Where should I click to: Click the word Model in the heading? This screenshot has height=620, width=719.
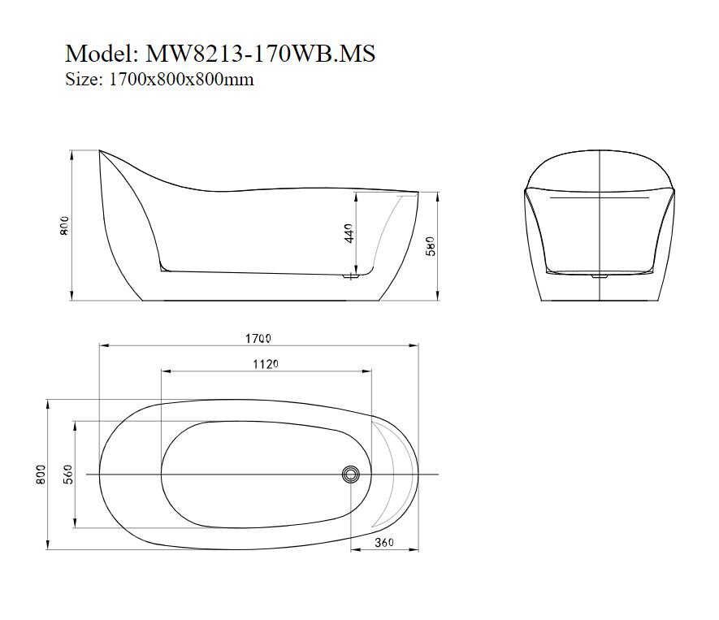click(98, 54)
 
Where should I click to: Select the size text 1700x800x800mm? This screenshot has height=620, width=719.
click(181, 80)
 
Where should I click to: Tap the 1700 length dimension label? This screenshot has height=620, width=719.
click(259, 337)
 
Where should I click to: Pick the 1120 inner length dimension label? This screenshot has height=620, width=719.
click(266, 364)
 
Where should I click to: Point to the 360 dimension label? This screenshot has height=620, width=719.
click(385, 542)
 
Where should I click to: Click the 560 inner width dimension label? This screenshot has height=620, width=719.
click(68, 473)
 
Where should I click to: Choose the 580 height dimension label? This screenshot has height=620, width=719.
click(431, 245)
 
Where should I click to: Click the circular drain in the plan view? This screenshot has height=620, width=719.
click(351, 474)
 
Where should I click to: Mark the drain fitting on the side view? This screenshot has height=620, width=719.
click(352, 278)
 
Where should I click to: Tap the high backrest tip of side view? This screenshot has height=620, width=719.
click(101, 151)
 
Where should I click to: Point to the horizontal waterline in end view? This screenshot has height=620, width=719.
click(600, 197)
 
